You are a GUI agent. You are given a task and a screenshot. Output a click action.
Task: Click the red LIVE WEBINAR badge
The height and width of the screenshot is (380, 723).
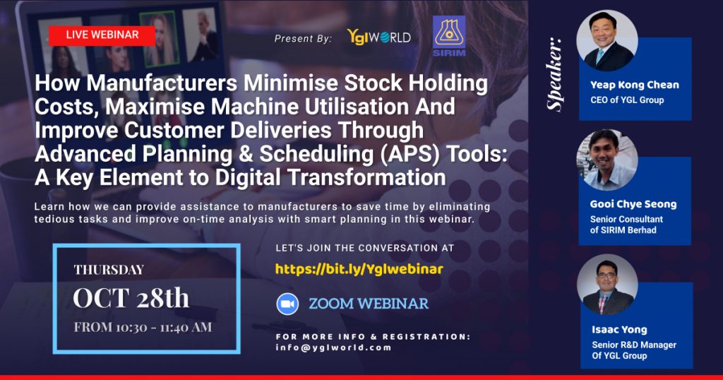pyautogui.click(x=102, y=35)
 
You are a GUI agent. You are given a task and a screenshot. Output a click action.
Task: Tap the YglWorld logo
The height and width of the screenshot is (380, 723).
pyautogui.click(x=378, y=37)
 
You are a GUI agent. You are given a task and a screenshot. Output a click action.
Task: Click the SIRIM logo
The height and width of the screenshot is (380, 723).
pyautogui.click(x=448, y=36)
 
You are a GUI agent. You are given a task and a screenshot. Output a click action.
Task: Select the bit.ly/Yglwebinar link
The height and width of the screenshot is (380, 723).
pyautogui.click(x=359, y=269)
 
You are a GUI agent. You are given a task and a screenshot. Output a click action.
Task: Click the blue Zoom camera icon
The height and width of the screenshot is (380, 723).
pyautogui.click(x=287, y=304)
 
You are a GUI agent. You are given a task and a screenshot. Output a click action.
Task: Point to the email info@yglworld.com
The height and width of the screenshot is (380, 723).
pyautogui.click(x=334, y=348)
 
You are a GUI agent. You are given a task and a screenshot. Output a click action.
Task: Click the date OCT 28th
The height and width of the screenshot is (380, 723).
pyautogui.click(x=131, y=298)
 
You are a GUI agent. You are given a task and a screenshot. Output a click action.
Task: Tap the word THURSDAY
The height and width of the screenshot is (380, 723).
pyautogui.click(x=109, y=270)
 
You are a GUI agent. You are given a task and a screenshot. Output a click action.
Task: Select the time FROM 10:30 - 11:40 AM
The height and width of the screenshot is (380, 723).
pyautogui.click(x=143, y=328)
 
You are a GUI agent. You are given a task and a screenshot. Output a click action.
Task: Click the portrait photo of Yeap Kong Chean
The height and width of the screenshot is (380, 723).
pyautogui.click(x=607, y=40)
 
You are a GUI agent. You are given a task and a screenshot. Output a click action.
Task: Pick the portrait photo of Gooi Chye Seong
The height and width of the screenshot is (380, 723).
pyautogui.click(x=607, y=160)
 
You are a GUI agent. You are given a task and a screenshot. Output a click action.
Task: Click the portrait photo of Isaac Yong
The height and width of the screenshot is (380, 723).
pyautogui.click(x=607, y=285)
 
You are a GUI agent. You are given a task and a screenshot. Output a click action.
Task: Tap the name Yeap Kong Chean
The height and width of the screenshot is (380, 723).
pyautogui.click(x=635, y=85)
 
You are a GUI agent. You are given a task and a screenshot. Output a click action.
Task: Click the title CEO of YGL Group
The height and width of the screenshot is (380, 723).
pyautogui.click(x=627, y=100)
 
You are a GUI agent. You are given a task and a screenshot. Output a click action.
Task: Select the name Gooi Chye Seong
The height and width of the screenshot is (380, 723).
pyautogui.click(x=633, y=204)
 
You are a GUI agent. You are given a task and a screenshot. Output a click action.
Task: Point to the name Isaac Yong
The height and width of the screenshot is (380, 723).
pyautogui.click(x=619, y=330)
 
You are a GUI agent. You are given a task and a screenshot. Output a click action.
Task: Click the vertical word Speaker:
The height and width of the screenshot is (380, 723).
pyautogui.click(x=555, y=74)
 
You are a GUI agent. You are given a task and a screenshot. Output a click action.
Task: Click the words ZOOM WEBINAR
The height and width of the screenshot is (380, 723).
pyautogui.click(x=369, y=304)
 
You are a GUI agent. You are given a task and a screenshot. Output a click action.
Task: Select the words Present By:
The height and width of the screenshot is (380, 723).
pyautogui.click(x=303, y=39)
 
